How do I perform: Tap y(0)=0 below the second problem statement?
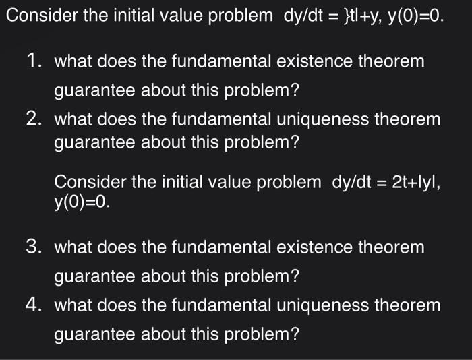(80, 201)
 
